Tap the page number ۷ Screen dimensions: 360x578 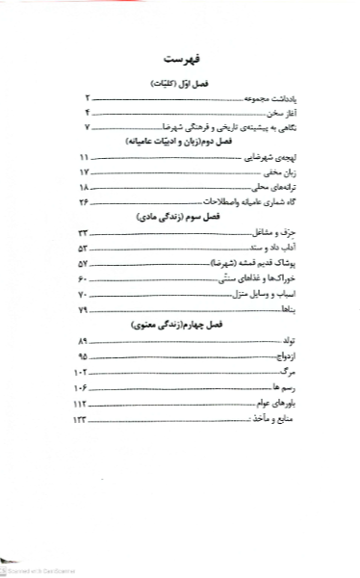click(x=86, y=127)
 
